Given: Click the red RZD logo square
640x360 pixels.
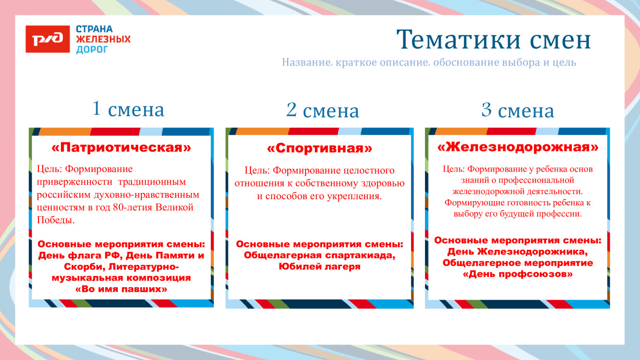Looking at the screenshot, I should click(x=48, y=39).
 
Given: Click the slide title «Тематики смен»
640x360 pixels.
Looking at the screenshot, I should click(x=494, y=39).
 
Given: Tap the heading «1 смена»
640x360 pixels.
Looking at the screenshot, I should click(x=129, y=109).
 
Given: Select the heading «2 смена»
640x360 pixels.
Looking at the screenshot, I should click(x=323, y=110).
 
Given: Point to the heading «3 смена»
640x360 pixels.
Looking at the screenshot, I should click(x=518, y=110).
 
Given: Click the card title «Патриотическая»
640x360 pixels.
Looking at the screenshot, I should click(x=121, y=148).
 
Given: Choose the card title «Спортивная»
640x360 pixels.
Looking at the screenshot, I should click(x=319, y=149).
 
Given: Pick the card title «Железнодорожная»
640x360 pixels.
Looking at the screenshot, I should click(x=518, y=147).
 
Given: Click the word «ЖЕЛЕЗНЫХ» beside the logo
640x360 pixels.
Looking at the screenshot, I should click(x=103, y=39).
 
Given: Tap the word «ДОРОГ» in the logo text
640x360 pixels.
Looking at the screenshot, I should click(x=92, y=50).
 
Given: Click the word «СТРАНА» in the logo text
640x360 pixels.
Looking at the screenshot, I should click(x=94, y=29).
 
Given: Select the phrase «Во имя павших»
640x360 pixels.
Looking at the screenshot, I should click(x=121, y=289).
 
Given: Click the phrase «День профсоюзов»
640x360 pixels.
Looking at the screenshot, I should click(x=517, y=274).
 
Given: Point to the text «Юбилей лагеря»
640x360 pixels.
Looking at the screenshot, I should click(x=319, y=266).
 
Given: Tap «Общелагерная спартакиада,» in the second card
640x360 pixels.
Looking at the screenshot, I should click(x=319, y=256).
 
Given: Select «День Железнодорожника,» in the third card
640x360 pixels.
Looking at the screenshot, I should click(x=517, y=251).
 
